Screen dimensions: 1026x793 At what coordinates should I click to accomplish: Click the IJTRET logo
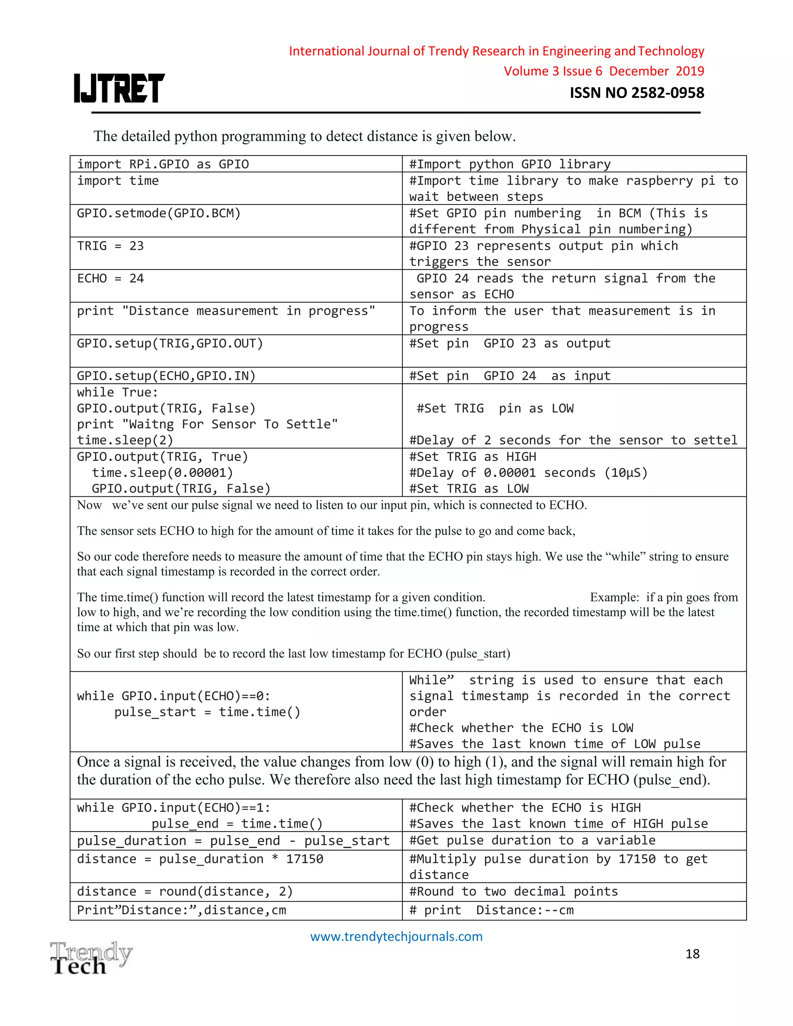pos(119,88)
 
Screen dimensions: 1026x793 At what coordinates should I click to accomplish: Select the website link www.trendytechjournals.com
pos(396,936)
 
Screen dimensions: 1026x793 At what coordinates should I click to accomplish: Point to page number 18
pos(692,954)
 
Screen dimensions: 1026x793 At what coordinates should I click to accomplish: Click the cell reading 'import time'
pos(118,181)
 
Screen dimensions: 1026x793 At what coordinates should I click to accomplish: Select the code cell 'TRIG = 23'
pos(110,246)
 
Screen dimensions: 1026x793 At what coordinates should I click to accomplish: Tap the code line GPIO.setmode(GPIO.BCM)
pos(159,213)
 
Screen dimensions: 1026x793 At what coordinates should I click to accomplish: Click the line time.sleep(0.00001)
pos(163,473)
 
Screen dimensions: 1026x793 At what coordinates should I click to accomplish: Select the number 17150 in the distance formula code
pos(304,859)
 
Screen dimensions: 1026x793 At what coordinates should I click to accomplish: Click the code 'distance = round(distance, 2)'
pos(185,891)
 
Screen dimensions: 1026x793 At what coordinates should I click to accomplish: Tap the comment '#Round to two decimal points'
pos(513,891)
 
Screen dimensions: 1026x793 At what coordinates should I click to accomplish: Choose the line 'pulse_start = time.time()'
pos(207,712)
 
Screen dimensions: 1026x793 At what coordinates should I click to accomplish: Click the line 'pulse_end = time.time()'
pos(237,824)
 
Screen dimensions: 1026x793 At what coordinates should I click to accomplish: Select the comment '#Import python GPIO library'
pos(509,165)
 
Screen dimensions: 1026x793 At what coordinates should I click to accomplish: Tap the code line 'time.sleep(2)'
pos(125,440)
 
